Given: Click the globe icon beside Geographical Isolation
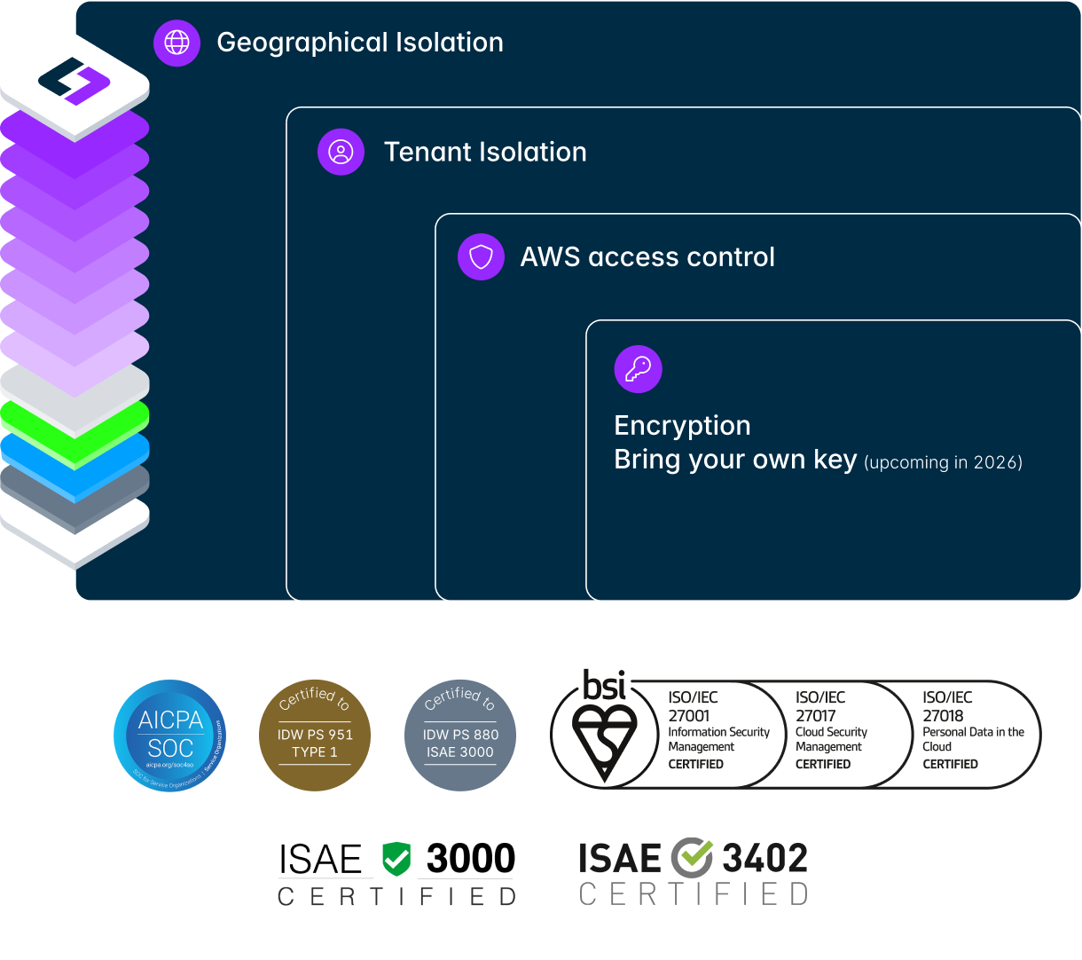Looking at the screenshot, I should coord(177,43).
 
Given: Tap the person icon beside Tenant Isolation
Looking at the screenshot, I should coord(341,152).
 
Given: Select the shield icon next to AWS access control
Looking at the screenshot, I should coord(481,257).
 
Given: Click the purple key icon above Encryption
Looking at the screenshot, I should coord(638,369).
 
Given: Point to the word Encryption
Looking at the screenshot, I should coord(682,426).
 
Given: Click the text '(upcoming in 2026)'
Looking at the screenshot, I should coord(943,462).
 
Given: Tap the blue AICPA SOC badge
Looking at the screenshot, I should coord(170,736).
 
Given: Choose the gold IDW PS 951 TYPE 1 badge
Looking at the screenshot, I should coord(315,736).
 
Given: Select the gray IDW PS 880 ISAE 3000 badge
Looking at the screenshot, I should coord(459,736).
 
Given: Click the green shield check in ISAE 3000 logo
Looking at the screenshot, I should coord(396,859).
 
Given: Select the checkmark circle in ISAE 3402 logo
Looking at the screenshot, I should coord(692,858).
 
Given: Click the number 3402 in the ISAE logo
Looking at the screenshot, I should coord(764,859).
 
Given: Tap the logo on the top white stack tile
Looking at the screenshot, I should coord(74,81).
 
